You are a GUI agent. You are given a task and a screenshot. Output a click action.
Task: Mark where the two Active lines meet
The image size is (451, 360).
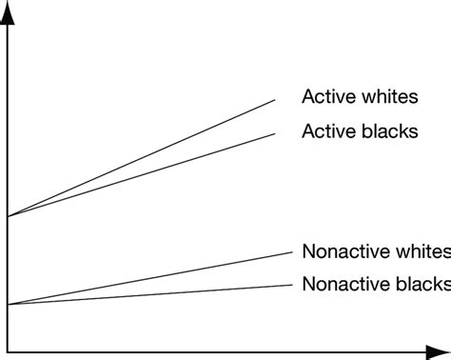coord(9,217)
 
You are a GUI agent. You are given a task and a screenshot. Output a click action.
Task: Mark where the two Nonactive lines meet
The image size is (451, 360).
coord(9,305)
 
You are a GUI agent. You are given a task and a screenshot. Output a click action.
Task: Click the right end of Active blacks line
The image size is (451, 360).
coord(276,132)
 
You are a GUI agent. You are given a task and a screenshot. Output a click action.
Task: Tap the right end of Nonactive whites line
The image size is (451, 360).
coord(290,251)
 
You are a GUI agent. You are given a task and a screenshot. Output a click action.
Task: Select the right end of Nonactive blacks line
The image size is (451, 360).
coord(290,284)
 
